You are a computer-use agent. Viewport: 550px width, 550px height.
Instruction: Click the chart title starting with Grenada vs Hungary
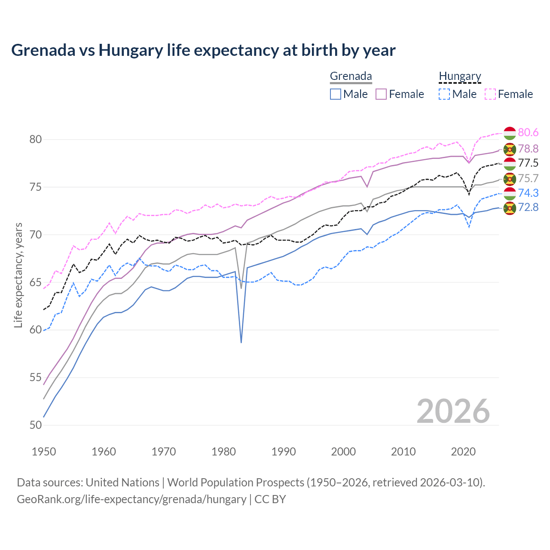click(203, 50)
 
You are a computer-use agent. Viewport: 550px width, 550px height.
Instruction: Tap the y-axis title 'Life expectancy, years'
click(18, 275)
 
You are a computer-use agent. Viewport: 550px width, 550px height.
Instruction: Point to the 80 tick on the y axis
click(36, 139)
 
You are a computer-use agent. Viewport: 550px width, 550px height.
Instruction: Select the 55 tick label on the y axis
click(36, 378)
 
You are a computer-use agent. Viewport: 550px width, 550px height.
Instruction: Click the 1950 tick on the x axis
click(44, 452)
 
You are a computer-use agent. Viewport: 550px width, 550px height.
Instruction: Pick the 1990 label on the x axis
click(284, 452)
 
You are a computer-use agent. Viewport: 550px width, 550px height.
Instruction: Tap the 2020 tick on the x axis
click(463, 452)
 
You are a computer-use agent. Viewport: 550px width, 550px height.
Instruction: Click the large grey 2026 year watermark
click(453, 411)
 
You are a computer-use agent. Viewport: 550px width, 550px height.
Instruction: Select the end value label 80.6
click(528, 132)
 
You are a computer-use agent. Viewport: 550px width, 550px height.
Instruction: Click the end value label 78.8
click(528, 149)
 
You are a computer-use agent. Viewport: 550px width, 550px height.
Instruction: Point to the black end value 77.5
click(528, 163)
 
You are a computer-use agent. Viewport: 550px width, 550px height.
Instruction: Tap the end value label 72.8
click(528, 207)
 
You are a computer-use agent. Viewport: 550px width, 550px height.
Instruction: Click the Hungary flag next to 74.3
click(510, 193)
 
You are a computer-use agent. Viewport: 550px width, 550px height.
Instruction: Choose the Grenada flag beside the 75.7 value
click(510, 179)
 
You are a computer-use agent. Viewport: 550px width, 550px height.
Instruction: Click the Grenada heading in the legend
click(351, 76)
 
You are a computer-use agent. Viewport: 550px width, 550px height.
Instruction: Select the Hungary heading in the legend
click(460, 76)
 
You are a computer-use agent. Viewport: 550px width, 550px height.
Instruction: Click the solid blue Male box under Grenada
click(336, 94)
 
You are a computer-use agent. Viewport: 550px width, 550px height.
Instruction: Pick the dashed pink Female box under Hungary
click(490, 94)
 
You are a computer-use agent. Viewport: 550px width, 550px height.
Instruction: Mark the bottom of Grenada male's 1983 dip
click(241, 342)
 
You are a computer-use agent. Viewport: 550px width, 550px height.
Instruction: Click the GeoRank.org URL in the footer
click(131, 499)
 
